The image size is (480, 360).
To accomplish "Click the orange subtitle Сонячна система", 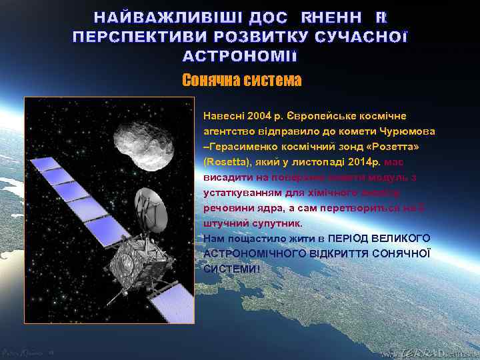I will tap(241, 81).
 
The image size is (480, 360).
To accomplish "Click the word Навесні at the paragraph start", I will tap(220, 115).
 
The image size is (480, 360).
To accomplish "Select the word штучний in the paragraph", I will tap(223, 223).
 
